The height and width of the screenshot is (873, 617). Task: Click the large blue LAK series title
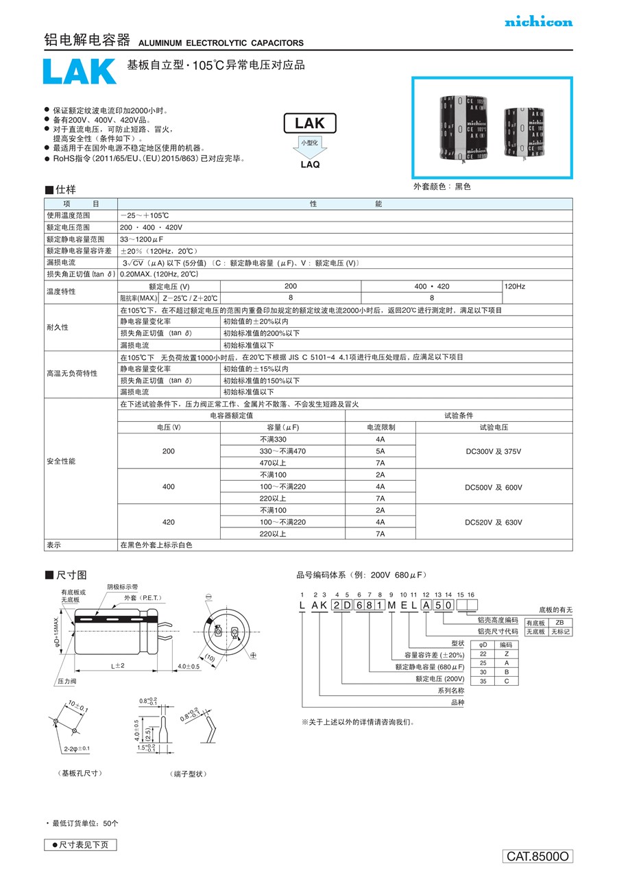tap(80, 72)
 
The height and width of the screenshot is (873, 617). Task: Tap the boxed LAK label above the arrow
tap(310, 123)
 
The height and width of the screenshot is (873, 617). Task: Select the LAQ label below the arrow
tap(310, 165)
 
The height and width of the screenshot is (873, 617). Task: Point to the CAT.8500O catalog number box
tap(538, 856)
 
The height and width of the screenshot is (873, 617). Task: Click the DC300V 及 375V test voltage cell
tap(494, 451)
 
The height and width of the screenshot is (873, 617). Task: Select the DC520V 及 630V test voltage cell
tap(494, 522)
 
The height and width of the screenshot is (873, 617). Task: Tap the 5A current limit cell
tap(380, 451)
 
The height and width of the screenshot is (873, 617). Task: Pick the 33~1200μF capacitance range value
tap(141, 239)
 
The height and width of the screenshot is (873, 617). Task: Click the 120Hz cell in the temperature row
tap(516, 286)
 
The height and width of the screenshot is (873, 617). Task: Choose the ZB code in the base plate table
tap(559, 621)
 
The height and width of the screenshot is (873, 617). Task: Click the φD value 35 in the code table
tap(483, 681)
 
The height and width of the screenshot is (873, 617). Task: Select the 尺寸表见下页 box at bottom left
tap(80, 845)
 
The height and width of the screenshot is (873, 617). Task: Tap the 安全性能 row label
tap(61, 461)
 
